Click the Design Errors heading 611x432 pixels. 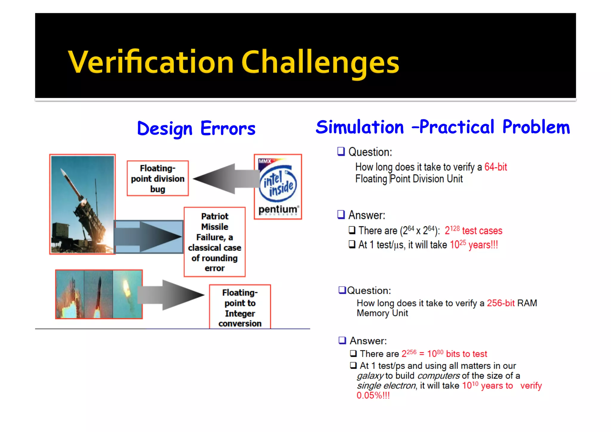[x=196, y=129]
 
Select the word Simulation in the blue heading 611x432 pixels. [x=359, y=127]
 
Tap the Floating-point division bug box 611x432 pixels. [x=158, y=179]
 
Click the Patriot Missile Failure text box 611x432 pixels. [x=215, y=242]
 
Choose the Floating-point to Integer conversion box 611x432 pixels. [x=240, y=308]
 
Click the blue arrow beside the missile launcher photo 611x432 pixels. [x=149, y=237]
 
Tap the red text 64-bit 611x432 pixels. [x=496, y=167]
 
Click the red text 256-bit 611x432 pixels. [x=501, y=303]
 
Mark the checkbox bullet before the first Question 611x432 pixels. [x=341, y=151]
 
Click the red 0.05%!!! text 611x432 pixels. [x=373, y=396]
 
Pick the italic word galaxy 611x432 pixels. [x=370, y=376]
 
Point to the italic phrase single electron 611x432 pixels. [x=386, y=386]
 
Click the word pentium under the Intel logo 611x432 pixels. [x=278, y=209]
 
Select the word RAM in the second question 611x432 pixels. [x=527, y=303]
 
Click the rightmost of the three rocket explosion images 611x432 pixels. [x=127, y=294]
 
